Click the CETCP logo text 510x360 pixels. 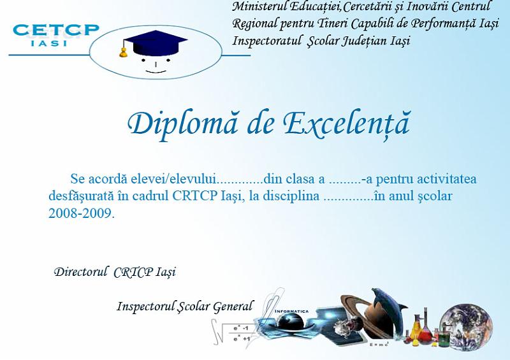[56, 30]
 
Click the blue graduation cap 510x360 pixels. [153, 42]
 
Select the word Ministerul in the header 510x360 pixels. [259, 7]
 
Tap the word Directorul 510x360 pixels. [81, 272]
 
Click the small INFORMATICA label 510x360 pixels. [292, 312]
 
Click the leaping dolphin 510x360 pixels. [388, 303]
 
